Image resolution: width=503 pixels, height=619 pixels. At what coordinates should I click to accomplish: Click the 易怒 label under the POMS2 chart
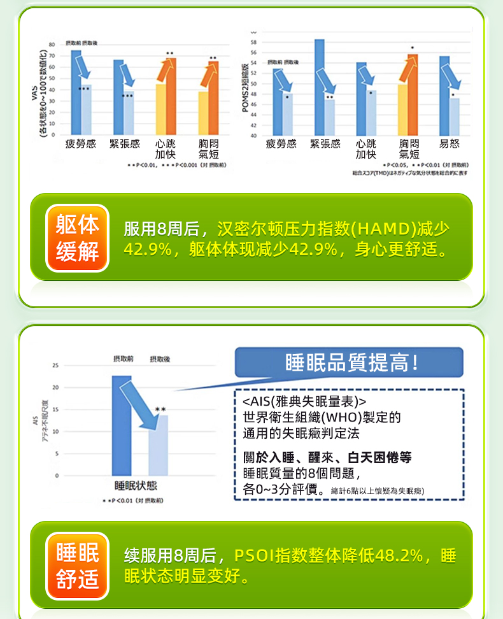450,145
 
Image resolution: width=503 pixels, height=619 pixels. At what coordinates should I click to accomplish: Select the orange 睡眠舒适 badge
78,566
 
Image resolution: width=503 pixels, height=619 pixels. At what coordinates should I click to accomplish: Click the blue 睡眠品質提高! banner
350,363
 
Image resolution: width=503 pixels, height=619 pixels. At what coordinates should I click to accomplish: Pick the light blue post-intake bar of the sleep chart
159,446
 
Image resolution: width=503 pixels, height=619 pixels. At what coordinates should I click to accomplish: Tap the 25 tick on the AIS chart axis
56,366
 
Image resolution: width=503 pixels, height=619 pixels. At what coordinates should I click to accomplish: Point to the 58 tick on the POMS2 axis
253,41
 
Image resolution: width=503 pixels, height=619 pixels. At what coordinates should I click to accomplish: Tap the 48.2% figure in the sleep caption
399,555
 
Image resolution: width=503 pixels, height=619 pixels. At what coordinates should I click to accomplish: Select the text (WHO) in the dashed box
341,418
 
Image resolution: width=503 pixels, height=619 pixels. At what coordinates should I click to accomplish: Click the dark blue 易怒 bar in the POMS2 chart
444,96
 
